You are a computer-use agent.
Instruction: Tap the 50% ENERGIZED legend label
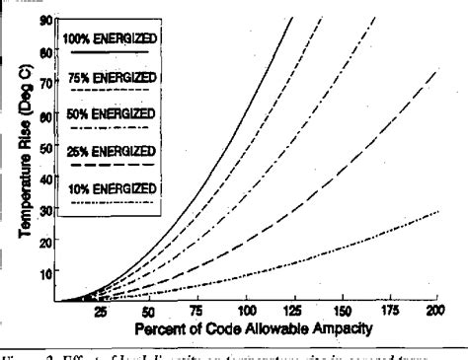(111, 114)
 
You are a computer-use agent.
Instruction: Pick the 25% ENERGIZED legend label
(111, 151)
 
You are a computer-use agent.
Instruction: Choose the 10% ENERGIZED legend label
(111, 187)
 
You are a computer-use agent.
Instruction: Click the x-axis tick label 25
(100, 312)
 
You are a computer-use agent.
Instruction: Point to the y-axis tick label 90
(45, 19)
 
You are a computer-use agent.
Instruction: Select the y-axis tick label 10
(45, 267)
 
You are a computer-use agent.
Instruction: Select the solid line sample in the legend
(111, 51)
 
